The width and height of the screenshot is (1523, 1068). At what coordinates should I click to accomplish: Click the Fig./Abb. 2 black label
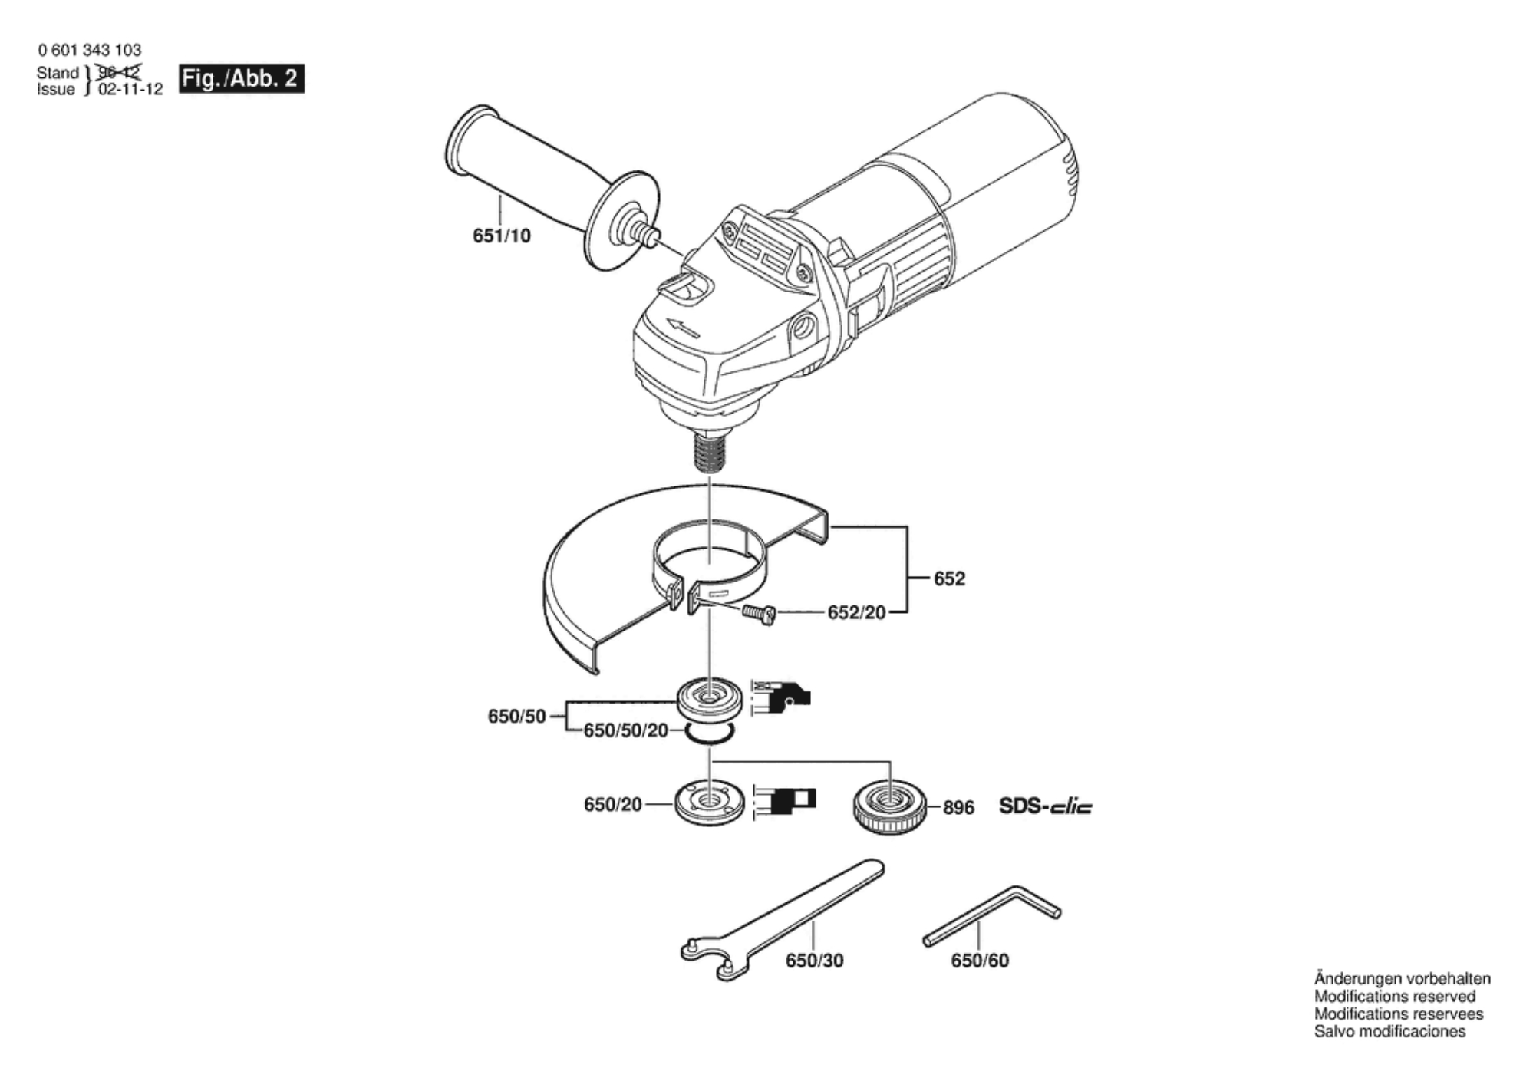pos(241,79)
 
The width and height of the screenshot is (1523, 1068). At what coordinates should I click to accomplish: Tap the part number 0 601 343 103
pos(90,51)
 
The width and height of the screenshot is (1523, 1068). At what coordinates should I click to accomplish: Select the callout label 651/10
pos(501,236)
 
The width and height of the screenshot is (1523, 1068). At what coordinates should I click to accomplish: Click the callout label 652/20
pos(855,613)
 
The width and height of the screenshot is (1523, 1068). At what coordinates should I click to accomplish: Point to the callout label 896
pos(958,808)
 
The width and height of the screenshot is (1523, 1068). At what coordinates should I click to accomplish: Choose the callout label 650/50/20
pos(625,730)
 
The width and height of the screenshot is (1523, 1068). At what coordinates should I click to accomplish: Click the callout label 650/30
pos(814,961)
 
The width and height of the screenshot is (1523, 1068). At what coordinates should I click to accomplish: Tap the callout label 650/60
pos(980,961)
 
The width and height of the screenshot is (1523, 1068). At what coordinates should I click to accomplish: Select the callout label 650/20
pos(612,805)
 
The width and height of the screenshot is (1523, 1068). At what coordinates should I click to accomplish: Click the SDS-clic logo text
pos(1045,806)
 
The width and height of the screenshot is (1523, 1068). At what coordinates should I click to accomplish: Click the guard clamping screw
pos(759,614)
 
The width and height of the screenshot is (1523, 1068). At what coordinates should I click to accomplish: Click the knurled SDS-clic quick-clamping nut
pos(890,809)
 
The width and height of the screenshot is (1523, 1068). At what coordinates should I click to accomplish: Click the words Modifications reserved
pos(1394,997)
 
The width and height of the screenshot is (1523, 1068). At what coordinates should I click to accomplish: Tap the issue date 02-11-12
pos(130,90)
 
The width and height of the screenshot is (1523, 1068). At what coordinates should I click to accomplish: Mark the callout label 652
pos(949,578)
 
